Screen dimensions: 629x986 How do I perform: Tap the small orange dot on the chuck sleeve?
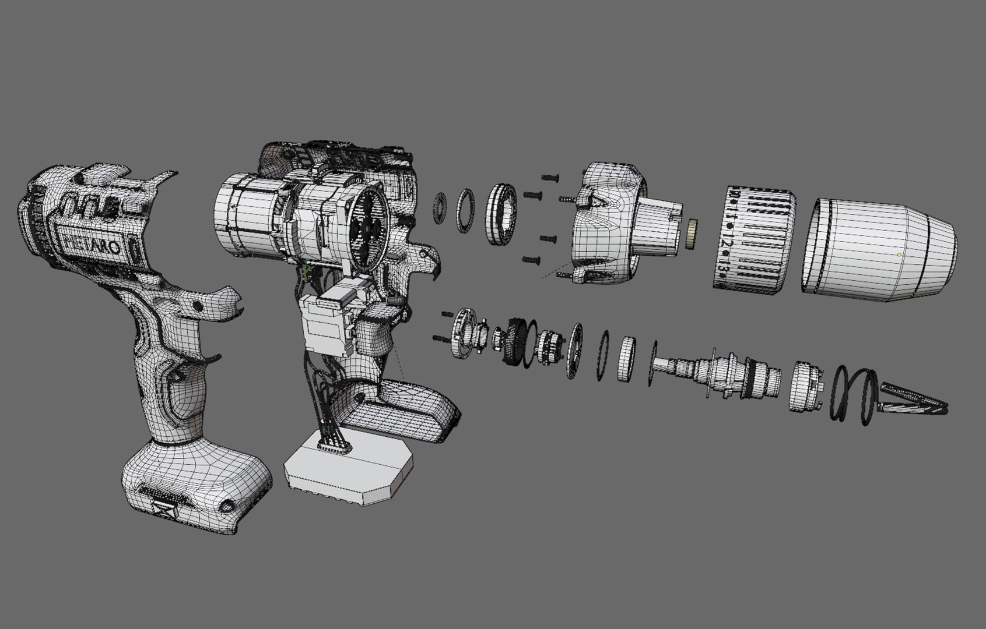900,255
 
